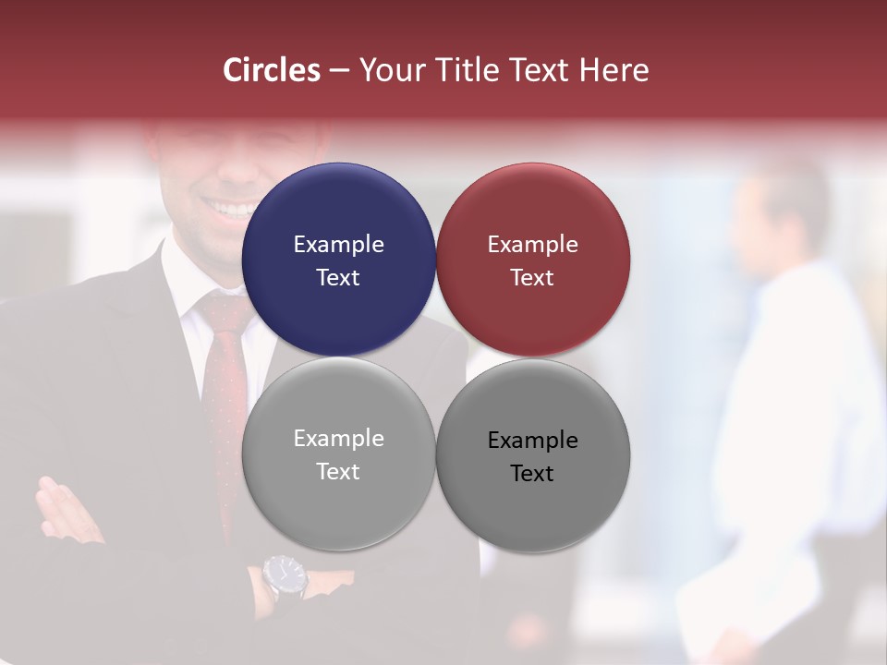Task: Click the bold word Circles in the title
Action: [x=272, y=70]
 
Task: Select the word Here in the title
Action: [x=614, y=70]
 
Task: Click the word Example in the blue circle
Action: [x=338, y=245]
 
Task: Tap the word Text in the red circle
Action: [x=532, y=278]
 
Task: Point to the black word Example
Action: [x=533, y=441]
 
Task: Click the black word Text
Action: [x=532, y=474]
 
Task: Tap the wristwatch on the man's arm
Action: [x=285, y=576]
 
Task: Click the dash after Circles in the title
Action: [x=339, y=71]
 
